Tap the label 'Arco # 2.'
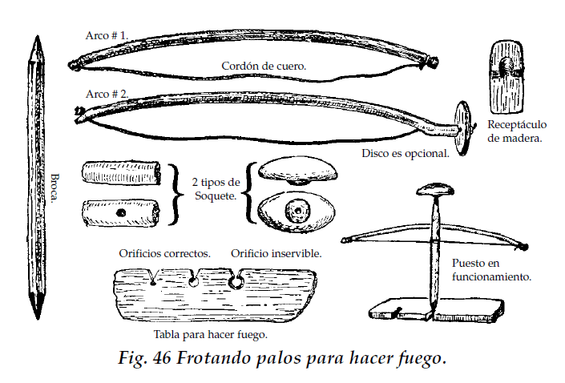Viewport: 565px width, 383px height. pyautogui.click(x=107, y=94)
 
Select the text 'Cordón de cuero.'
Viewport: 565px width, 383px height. pyautogui.click(x=264, y=66)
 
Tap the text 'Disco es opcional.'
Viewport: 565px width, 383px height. pyautogui.click(x=405, y=153)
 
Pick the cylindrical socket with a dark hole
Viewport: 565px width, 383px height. pyautogui.click(x=121, y=214)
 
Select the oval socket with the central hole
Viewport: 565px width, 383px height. pyautogui.click(x=298, y=211)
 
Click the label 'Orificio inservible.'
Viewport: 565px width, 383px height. pyautogui.click(x=276, y=253)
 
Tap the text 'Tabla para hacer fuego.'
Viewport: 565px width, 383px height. pyautogui.click(x=210, y=334)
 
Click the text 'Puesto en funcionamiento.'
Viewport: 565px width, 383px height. pyautogui.click(x=490, y=269)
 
